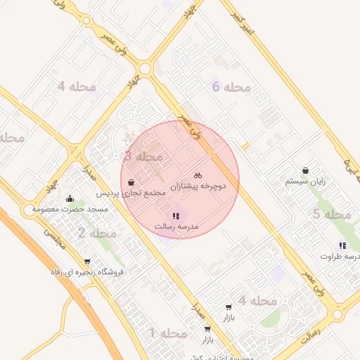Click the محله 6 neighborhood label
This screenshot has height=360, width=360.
pyautogui.click(x=231, y=87)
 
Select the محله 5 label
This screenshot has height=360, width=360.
pyautogui.click(x=331, y=214)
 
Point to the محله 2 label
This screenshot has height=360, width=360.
pyautogui.click(x=97, y=233)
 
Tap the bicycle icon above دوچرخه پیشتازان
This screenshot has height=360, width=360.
pyautogui.click(x=198, y=174)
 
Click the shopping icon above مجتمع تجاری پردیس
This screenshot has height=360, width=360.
pyautogui.click(x=131, y=181)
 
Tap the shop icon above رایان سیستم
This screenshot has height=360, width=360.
pyautogui.click(x=305, y=170)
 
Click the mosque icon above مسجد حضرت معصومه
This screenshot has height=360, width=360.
pyautogui.click(x=68, y=199)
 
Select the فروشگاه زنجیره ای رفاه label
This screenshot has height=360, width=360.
pyautogui.click(x=88, y=271)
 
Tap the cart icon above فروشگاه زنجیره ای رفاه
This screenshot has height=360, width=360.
pyautogui.click(x=86, y=261)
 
